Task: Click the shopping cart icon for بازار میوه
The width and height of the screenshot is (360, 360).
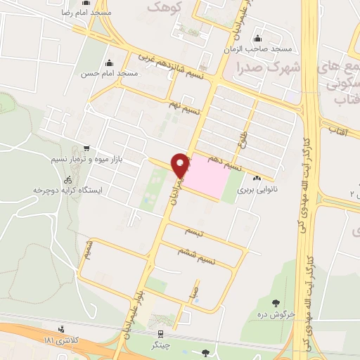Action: [x=86, y=148]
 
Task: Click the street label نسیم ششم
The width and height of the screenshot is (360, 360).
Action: [x=216, y=261]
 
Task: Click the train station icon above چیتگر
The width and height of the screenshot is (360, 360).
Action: [x=161, y=333]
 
